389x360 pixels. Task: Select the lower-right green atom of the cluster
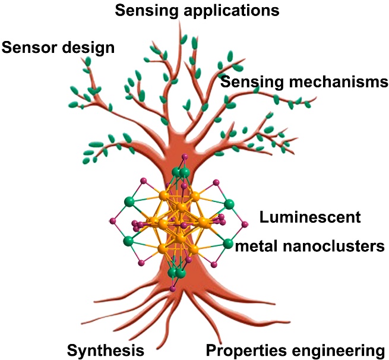[x=228, y=244]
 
